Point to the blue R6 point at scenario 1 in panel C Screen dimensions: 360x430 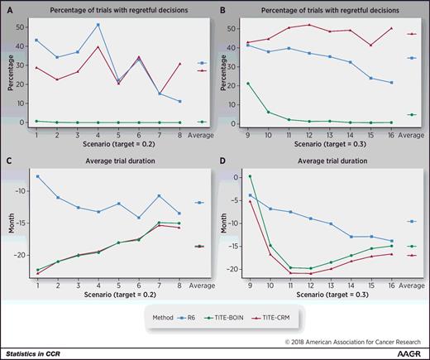point(37,176)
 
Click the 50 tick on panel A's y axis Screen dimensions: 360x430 point(25,26)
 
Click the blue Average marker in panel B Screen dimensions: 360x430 point(411,58)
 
